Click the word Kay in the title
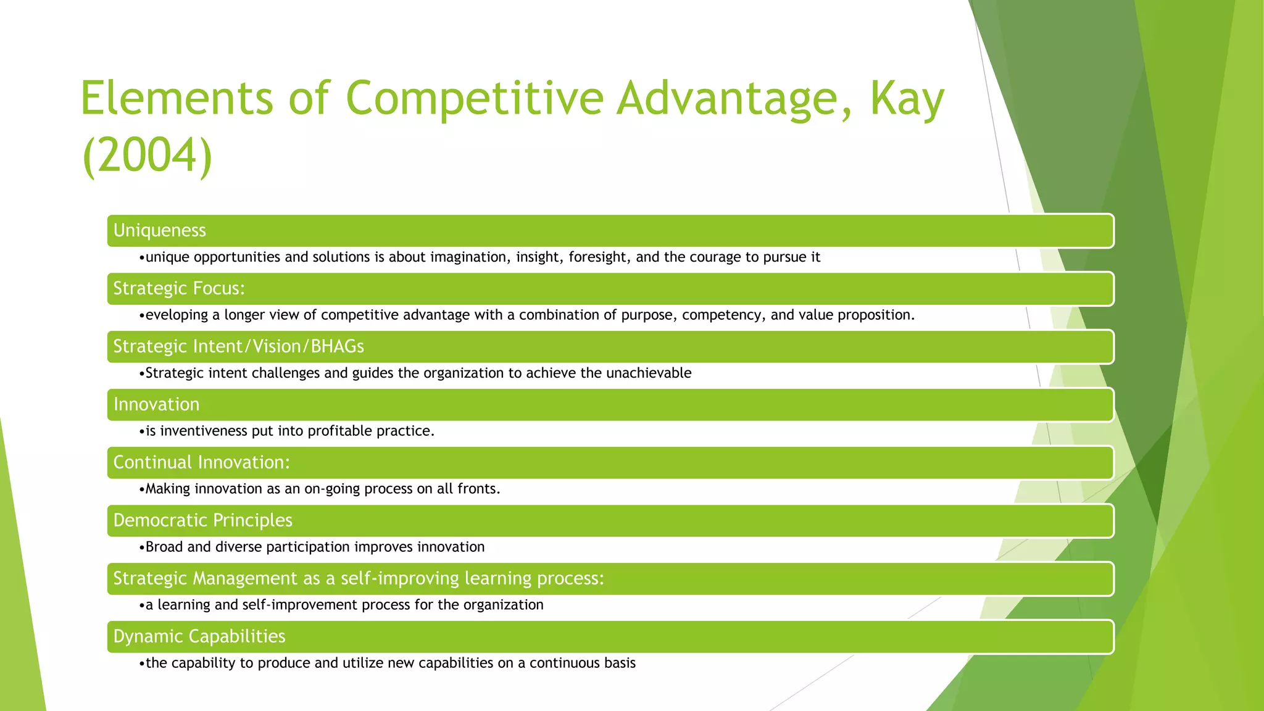pyautogui.click(x=907, y=99)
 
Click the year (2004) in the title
pyautogui.click(x=147, y=156)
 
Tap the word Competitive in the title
pyautogui.click(x=474, y=99)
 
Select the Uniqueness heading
pyautogui.click(x=159, y=230)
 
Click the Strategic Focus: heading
pyautogui.click(x=179, y=288)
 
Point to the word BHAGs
pyautogui.click(x=337, y=346)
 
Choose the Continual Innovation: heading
pyautogui.click(x=201, y=462)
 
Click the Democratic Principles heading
pyautogui.click(x=202, y=520)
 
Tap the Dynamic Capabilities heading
pyautogui.click(x=199, y=636)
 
